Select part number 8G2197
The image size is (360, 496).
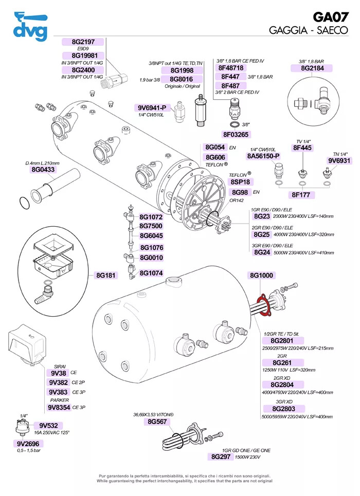[x=82, y=42]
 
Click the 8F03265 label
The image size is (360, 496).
[x=236, y=135]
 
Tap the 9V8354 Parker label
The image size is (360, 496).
[x=59, y=408]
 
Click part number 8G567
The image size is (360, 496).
[x=158, y=421]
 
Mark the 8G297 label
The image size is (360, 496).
[x=221, y=456]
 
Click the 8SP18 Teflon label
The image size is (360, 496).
[x=241, y=182]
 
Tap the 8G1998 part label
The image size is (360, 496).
[x=178, y=70]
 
